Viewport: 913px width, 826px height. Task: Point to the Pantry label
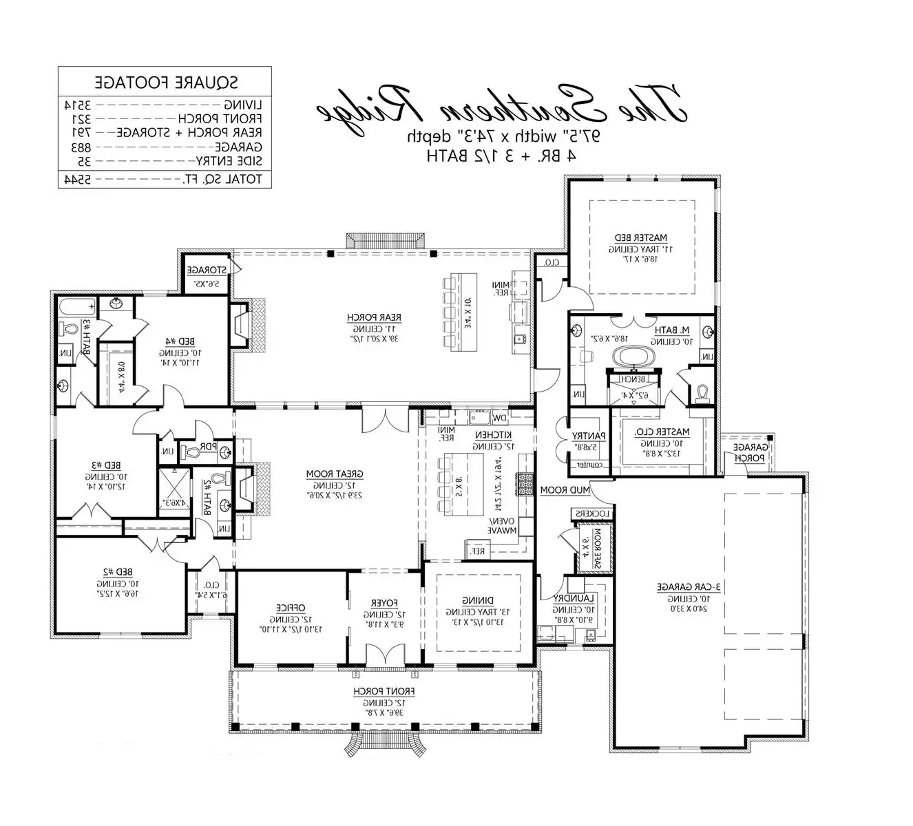pos(589,436)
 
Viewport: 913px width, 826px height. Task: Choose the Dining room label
pos(477,600)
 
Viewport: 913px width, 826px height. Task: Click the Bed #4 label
pos(180,341)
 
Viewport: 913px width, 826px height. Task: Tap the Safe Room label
pos(598,549)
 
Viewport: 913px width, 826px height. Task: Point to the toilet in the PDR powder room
pos(193,452)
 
